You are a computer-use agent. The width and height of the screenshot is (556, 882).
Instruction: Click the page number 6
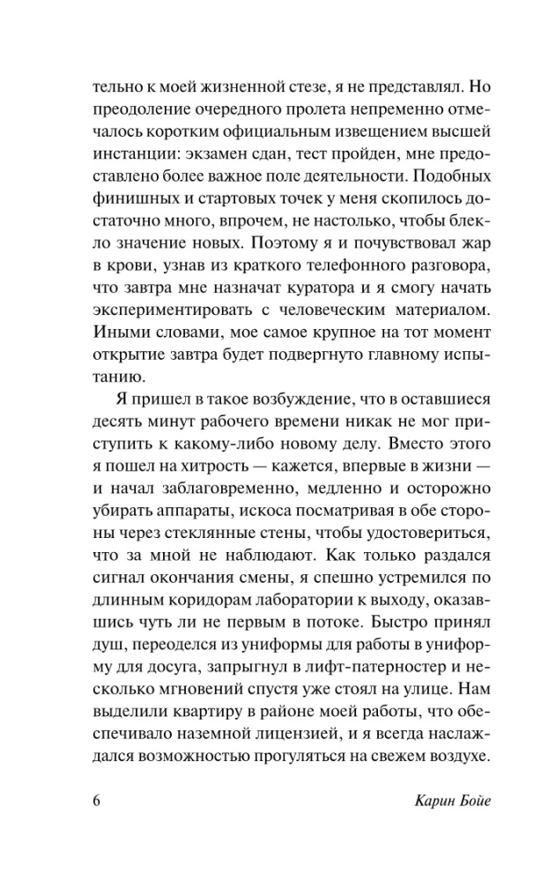(x=96, y=801)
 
